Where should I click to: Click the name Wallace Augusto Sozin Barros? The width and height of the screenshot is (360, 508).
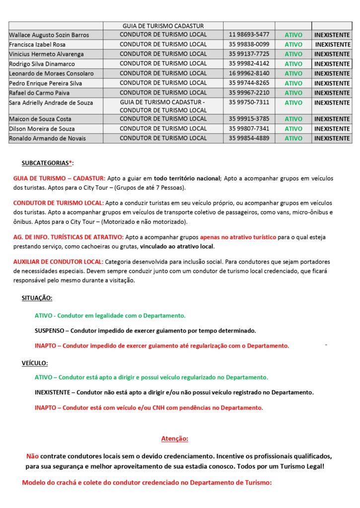pyautogui.click(x=49, y=35)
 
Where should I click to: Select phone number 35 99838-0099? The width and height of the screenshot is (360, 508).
pyautogui.click(x=249, y=44)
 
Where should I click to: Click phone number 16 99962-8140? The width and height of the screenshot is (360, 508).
pyautogui.click(x=249, y=73)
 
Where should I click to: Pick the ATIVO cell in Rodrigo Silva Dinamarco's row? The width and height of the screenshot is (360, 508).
pyautogui.click(x=293, y=64)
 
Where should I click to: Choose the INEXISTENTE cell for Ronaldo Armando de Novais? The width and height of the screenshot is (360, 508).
pyautogui.click(x=332, y=138)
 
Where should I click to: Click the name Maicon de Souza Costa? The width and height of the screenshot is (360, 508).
pyautogui.click(x=40, y=119)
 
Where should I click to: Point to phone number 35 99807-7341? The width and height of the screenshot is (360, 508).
pyautogui.click(x=249, y=128)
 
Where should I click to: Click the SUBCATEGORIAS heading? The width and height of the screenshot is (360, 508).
pyautogui.click(x=47, y=163)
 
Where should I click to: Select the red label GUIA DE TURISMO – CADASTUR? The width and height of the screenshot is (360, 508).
pyautogui.click(x=59, y=178)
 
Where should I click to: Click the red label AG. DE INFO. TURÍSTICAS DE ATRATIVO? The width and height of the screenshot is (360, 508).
pyautogui.click(x=69, y=237)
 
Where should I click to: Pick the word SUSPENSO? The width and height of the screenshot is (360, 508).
pyautogui.click(x=49, y=330)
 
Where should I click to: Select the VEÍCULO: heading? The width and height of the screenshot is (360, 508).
pyautogui.click(x=35, y=363)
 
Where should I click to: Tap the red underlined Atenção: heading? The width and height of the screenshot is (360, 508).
pyautogui.click(x=175, y=439)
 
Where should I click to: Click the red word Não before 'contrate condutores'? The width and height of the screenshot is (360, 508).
pyautogui.click(x=32, y=455)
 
